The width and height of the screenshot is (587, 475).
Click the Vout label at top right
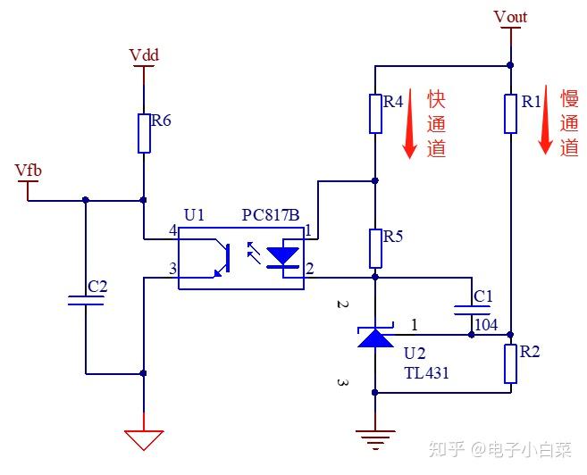pyautogui.click(x=510, y=17)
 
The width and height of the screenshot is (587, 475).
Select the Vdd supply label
pyautogui.click(x=144, y=54)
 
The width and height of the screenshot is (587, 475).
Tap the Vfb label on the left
pyautogui.click(x=28, y=170)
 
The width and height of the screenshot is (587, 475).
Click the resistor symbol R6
pyautogui.click(x=143, y=133)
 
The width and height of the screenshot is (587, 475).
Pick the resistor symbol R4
pyautogui.click(x=375, y=113)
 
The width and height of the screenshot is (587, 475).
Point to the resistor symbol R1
pyautogui.click(x=510, y=113)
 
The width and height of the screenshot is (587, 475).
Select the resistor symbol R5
pyautogui.click(x=375, y=248)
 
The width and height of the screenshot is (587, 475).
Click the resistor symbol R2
pyautogui.click(x=510, y=363)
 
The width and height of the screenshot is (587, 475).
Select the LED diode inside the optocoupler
pyautogui.click(x=284, y=257)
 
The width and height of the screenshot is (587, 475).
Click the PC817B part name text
pyautogui.click(x=272, y=216)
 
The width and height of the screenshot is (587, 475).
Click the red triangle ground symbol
pyautogui.click(x=144, y=439)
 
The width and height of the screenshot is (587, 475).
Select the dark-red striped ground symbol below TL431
pyautogui.click(x=375, y=437)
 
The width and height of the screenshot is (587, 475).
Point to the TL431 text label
pyautogui.click(x=426, y=373)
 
